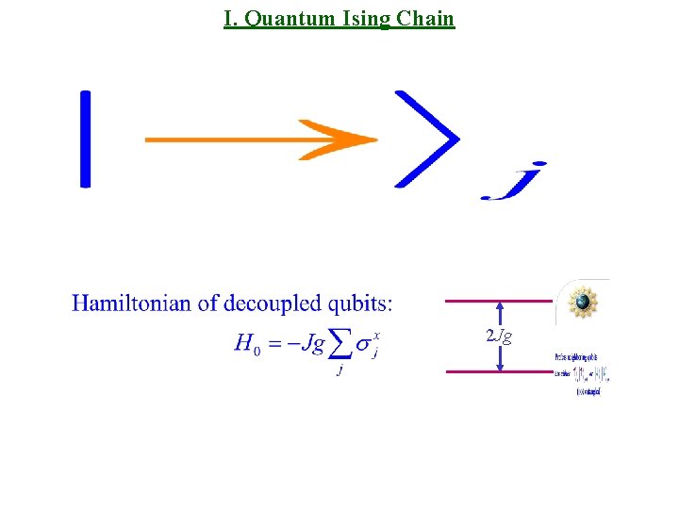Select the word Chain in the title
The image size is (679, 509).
426,19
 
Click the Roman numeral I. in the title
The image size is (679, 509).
231,19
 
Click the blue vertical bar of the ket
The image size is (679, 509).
86,139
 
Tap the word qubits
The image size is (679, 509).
357,304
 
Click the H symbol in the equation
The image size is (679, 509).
243,344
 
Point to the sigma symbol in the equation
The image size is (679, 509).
363,346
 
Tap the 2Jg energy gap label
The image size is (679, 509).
499,337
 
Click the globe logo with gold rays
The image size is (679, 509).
583,303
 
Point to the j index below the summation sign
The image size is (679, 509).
339,371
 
